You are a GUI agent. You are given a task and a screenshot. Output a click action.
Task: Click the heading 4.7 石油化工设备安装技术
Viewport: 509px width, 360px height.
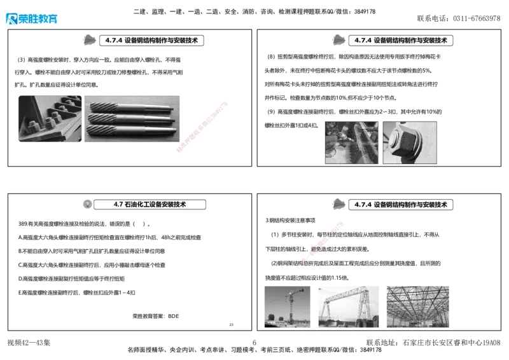coord(150,205)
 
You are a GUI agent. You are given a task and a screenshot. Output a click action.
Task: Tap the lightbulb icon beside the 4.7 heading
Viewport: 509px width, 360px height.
coord(88,205)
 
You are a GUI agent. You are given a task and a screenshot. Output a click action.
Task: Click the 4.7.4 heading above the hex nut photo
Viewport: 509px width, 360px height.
coord(401,40)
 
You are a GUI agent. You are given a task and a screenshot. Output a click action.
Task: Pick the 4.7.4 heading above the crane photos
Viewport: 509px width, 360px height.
coord(401,205)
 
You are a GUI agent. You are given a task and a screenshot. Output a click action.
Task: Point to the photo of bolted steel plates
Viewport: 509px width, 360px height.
coord(49,118)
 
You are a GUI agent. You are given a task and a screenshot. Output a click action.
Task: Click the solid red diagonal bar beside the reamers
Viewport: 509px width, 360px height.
coord(201,127)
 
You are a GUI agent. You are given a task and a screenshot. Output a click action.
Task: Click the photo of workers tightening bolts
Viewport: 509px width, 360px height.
coord(351,143)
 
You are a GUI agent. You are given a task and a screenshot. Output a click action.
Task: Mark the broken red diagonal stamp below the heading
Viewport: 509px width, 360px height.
coord(323,241)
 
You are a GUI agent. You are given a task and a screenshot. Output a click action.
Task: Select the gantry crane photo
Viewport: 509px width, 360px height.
coord(348,306)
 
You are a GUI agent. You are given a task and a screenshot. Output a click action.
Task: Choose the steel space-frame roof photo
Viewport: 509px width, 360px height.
coord(417,306)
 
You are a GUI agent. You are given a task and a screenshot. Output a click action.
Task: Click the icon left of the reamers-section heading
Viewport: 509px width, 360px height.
coord(89,39)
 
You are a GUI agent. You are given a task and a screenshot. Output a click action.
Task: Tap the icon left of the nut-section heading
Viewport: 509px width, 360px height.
coord(338,39)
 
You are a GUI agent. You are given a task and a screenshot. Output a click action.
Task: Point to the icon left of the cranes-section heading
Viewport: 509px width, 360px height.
coord(338,204)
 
